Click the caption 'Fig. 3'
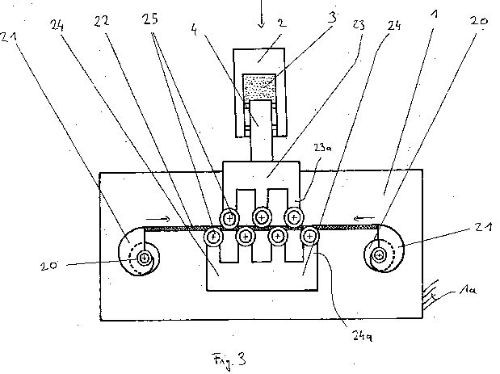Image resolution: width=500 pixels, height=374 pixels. tap(229, 360)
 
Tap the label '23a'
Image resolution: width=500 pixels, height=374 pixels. tap(321, 148)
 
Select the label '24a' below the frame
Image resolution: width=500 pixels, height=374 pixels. tap(362, 336)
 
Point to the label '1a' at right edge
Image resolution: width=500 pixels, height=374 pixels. tap(468, 290)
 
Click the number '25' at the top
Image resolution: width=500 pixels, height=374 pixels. tap(150, 19)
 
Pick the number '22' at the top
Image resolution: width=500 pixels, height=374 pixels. tap(102, 21)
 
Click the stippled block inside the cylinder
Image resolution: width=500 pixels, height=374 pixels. tap(259, 88)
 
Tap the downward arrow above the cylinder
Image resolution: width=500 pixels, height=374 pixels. tap(262, 14)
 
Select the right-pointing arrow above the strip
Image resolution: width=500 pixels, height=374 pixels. tap(158, 219)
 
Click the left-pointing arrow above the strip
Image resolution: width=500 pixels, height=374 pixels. tap(364, 218)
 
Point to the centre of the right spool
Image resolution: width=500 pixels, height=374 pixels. tap(379, 254)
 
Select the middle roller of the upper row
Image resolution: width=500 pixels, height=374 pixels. tap(262, 218)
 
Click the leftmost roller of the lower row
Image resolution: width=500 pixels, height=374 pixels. tap(213, 236)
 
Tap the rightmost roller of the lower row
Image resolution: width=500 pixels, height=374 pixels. tap(309, 236)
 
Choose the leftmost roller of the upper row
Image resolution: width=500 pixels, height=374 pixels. tap(229, 218)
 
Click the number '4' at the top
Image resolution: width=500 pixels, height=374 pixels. tap(194, 30)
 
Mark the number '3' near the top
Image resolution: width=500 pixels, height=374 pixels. tap(332, 18)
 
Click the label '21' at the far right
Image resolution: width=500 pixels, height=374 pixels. tap(483, 227)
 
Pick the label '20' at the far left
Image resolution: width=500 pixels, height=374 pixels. tap(48, 266)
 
